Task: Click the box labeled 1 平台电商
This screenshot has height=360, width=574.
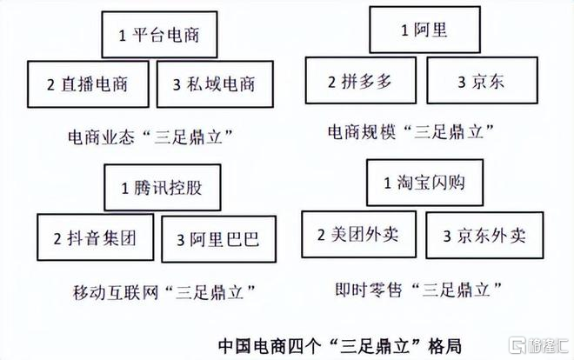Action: click(160, 35)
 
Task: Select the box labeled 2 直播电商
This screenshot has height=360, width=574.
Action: click(88, 84)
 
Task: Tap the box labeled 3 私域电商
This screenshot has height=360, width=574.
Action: click(215, 84)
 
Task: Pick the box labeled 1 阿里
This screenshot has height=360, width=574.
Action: click(424, 30)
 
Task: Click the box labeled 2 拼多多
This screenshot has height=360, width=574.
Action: click(361, 80)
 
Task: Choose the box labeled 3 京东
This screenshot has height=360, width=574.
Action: click(482, 80)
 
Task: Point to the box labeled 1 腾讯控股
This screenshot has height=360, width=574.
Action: click(163, 187)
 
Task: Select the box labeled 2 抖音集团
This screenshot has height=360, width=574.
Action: click(95, 237)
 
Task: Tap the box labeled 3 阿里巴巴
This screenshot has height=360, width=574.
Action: click(218, 239)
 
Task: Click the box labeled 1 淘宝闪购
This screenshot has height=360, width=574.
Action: click(424, 183)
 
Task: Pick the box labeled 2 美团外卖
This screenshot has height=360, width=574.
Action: click(358, 234)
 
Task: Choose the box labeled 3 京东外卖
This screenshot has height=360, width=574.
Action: click(484, 236)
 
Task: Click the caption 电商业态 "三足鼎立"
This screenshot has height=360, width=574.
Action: click(150, 137)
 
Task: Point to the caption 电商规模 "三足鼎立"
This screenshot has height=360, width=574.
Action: click(410, 131)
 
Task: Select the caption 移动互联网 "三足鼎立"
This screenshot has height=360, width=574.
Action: click(164, 292)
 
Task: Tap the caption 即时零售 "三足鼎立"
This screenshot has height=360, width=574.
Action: click(418, 290)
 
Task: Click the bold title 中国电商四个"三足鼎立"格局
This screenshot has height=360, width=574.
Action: click(340, 346)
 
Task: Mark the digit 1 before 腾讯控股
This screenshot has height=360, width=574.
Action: click(125, 189)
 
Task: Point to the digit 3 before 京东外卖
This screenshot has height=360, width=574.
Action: click(447, 237)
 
